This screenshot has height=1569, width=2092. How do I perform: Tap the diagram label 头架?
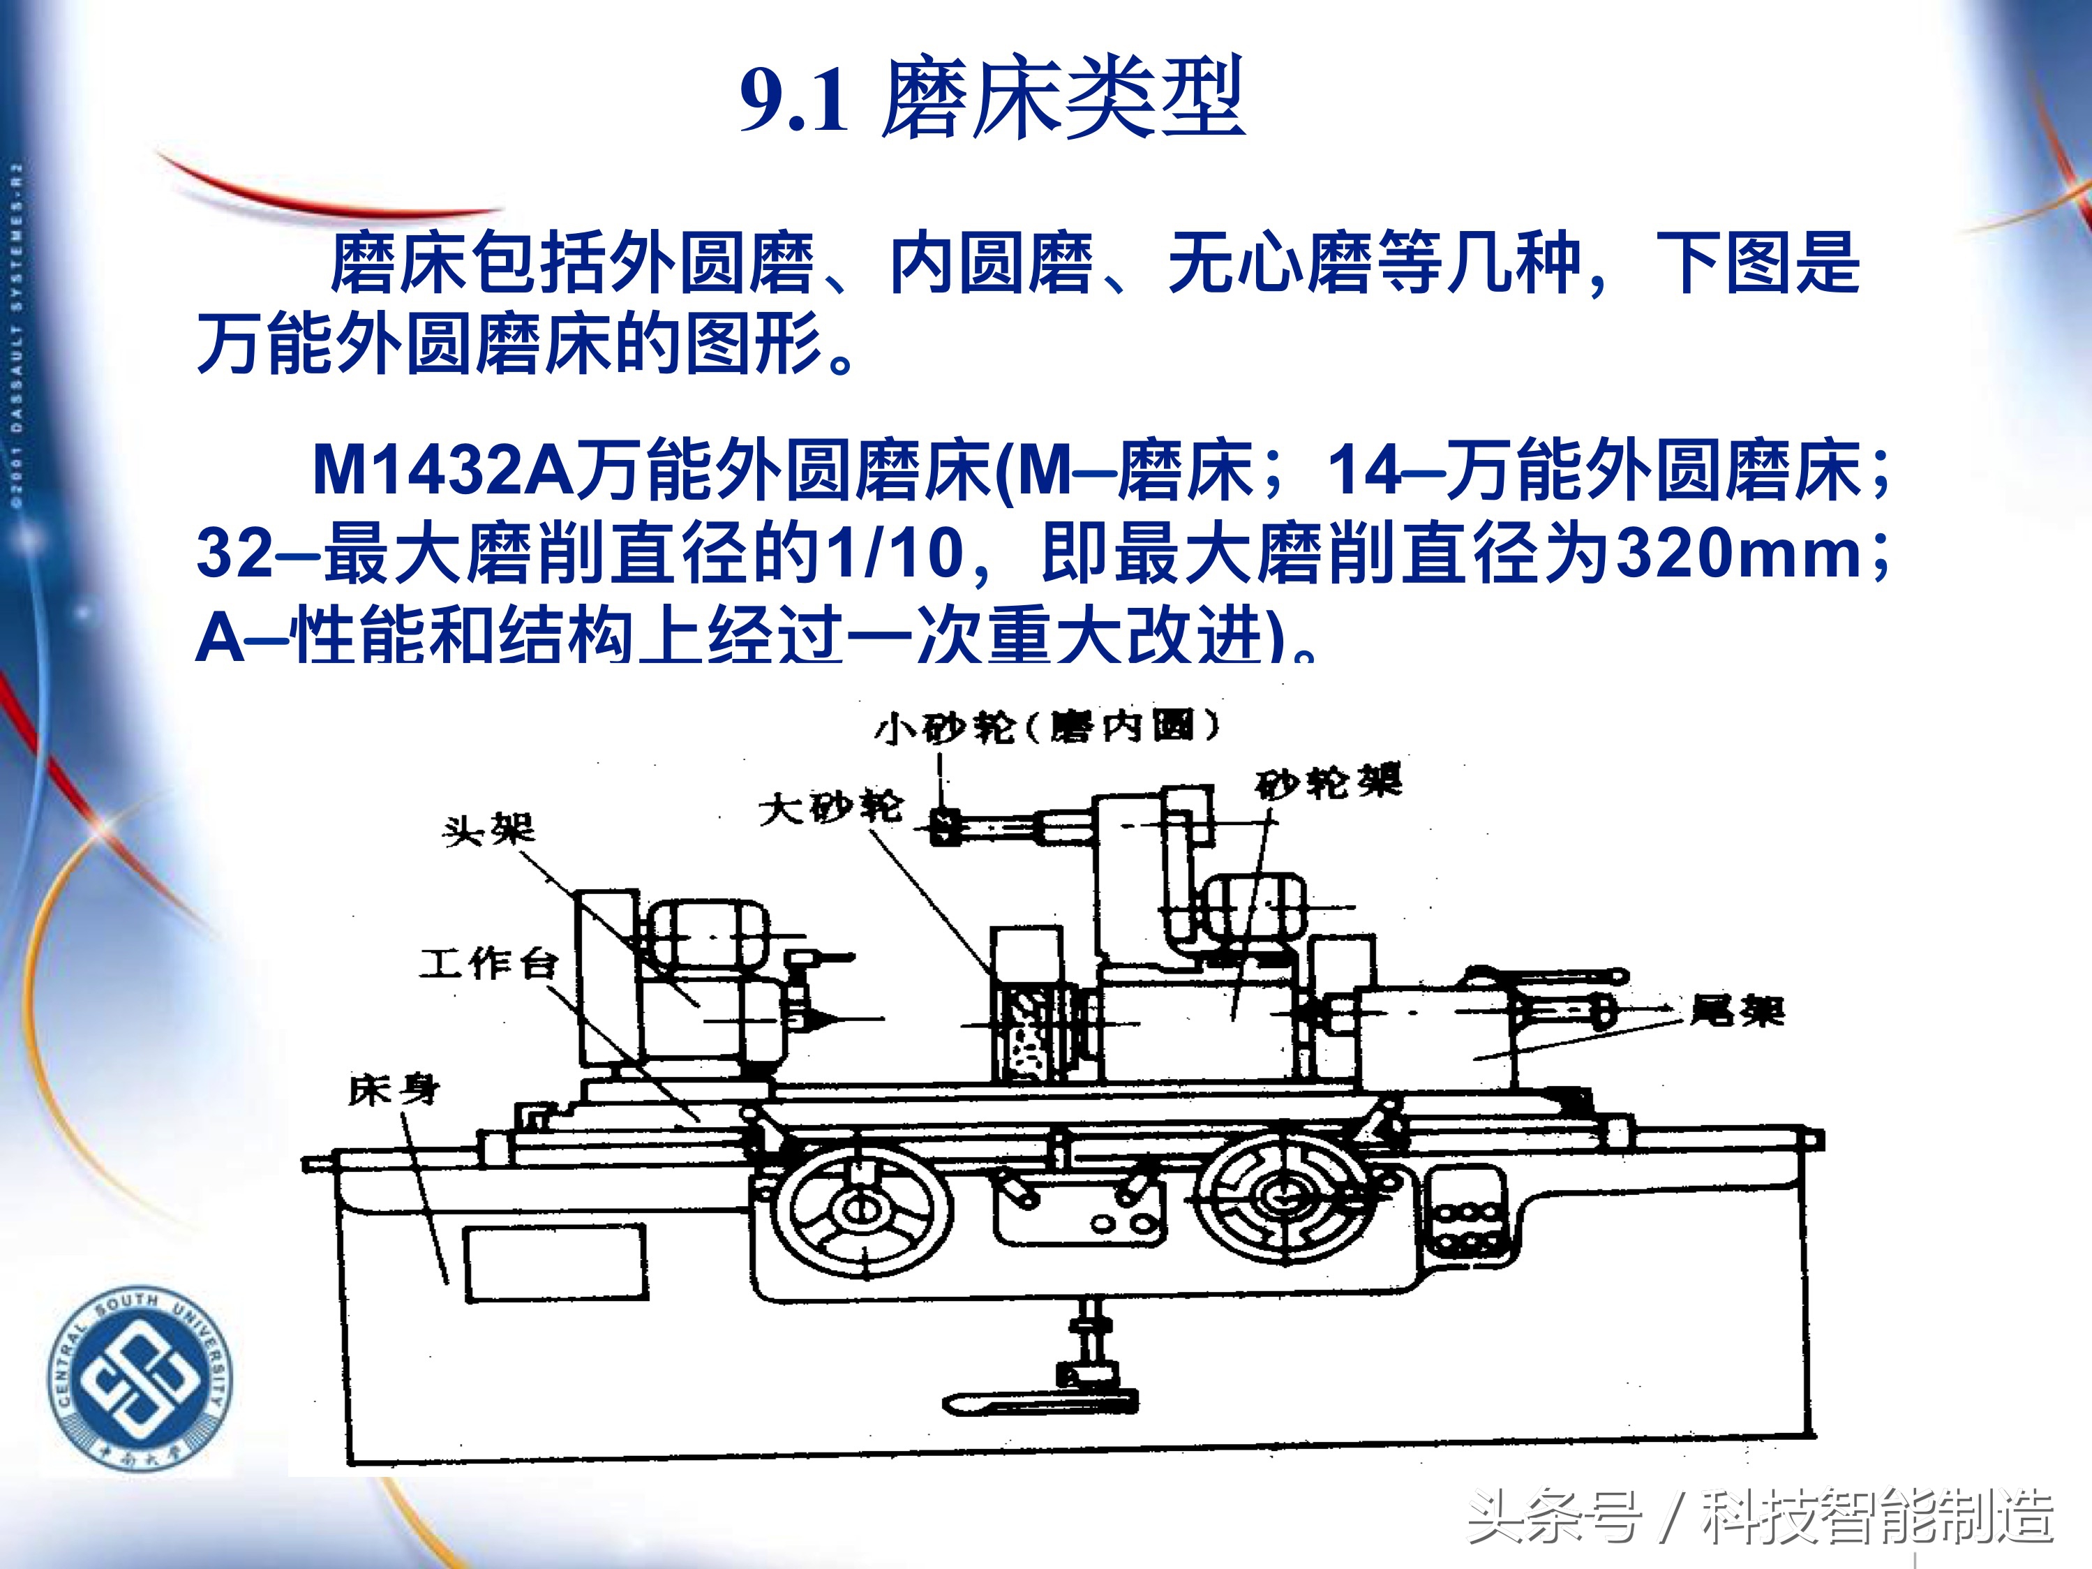(488, 831)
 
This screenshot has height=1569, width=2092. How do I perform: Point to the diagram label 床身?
(394, 1090)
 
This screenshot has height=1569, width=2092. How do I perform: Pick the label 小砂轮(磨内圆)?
(1046, 727)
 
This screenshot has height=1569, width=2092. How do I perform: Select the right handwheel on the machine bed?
(1281, 1197)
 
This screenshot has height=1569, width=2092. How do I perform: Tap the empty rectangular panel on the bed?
(555, 1263)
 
